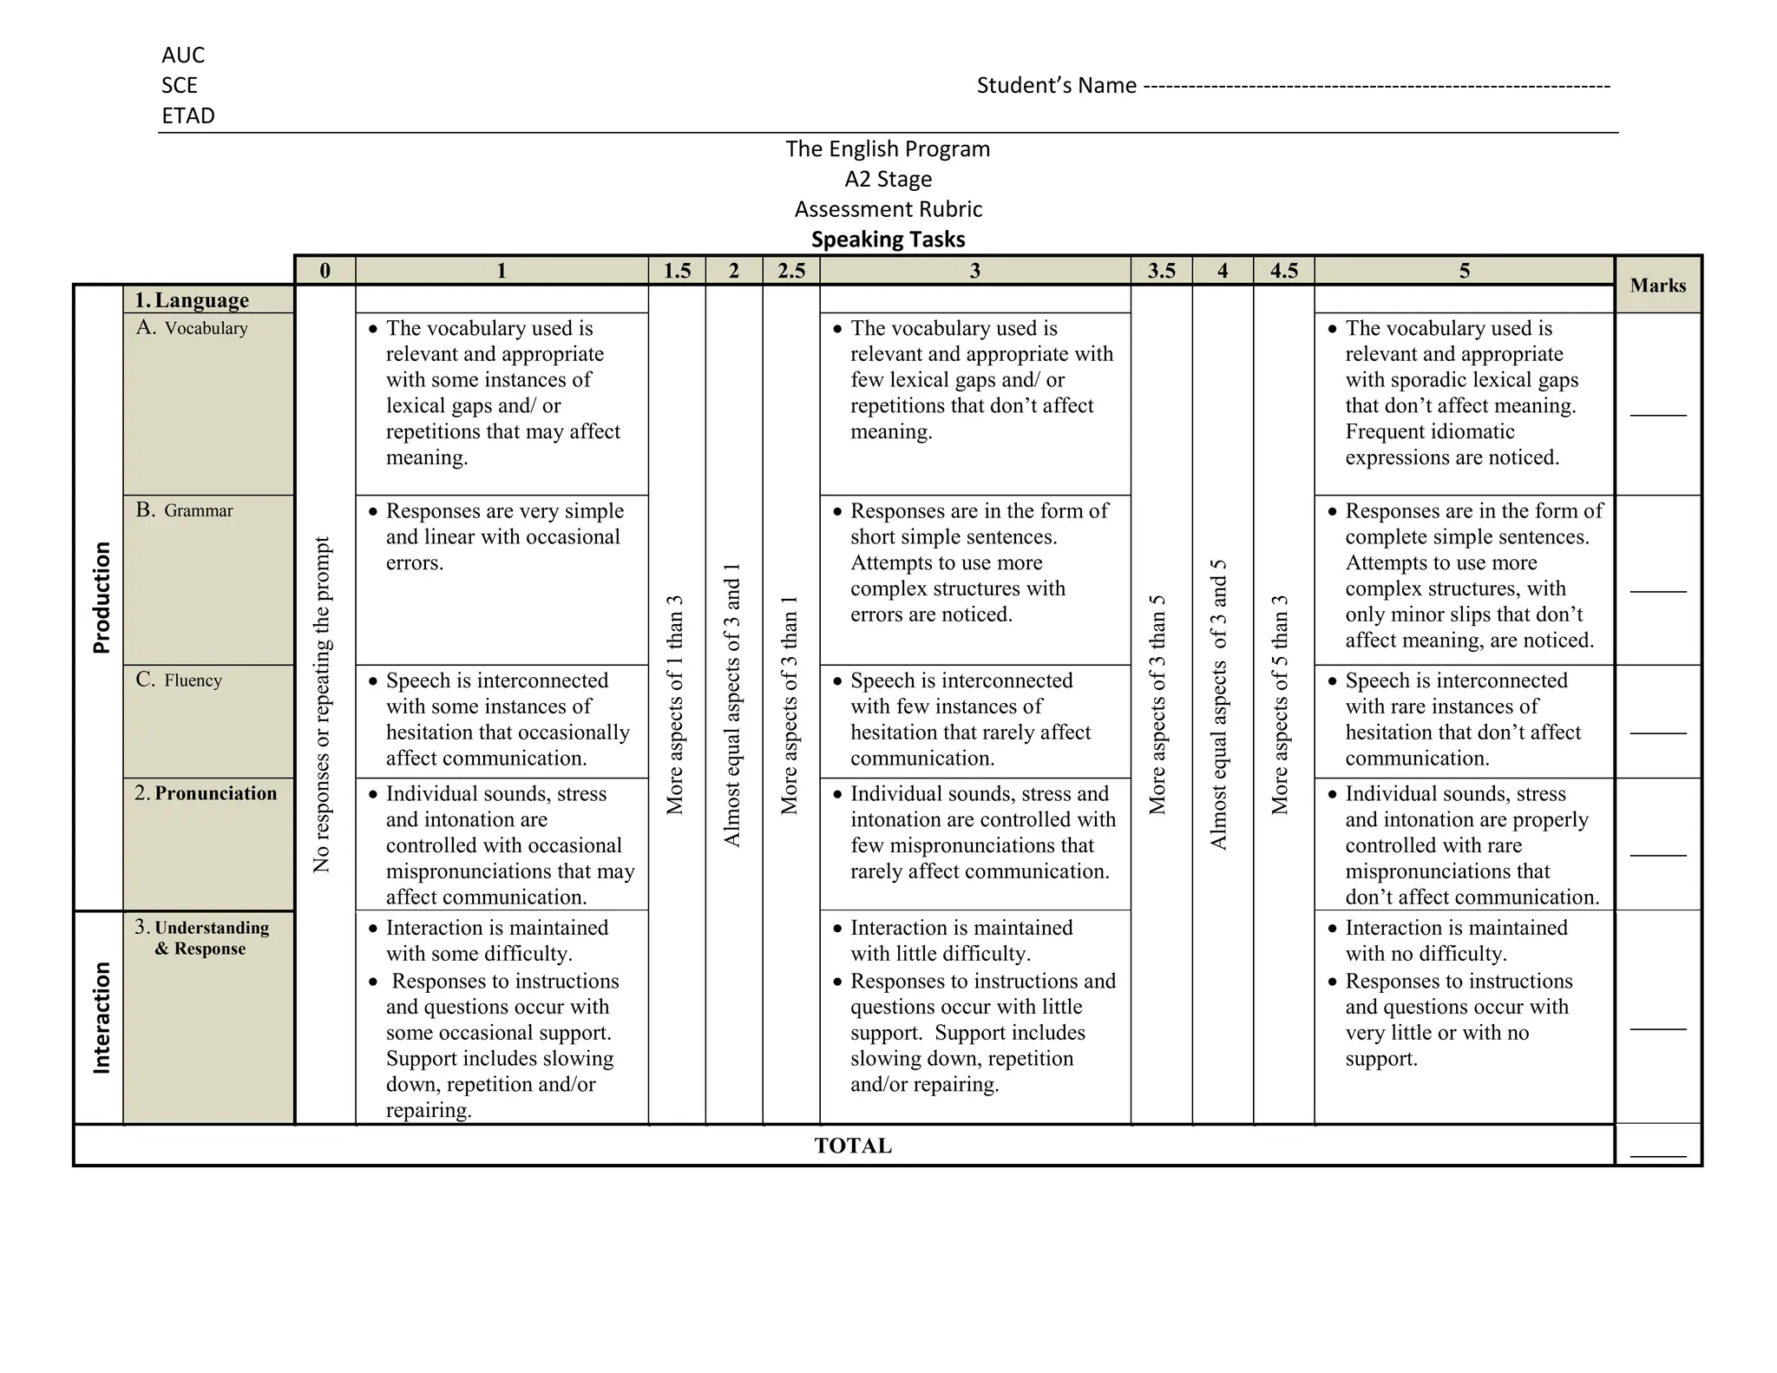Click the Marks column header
click(1657, 286)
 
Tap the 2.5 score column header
click(791, 271)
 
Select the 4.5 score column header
click(1283, 271)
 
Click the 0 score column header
click(325, 271)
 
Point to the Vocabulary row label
click(206, 328)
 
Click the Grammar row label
click(198, 510)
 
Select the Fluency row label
click(193, 680)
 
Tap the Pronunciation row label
click(215, 793)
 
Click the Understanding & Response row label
click(211, 938)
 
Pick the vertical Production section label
click(102, 597)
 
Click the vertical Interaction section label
click(102, 1017)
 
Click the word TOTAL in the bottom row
click(853, 1146)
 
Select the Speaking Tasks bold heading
click(888, 240)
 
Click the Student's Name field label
click(1056, 85)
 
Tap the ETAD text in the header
click(188, 115)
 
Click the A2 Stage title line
click(888, 179)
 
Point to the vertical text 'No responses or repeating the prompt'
click(322, 704)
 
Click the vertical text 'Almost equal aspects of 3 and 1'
click(733, 704)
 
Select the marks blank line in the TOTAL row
click(1657, 1155)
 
